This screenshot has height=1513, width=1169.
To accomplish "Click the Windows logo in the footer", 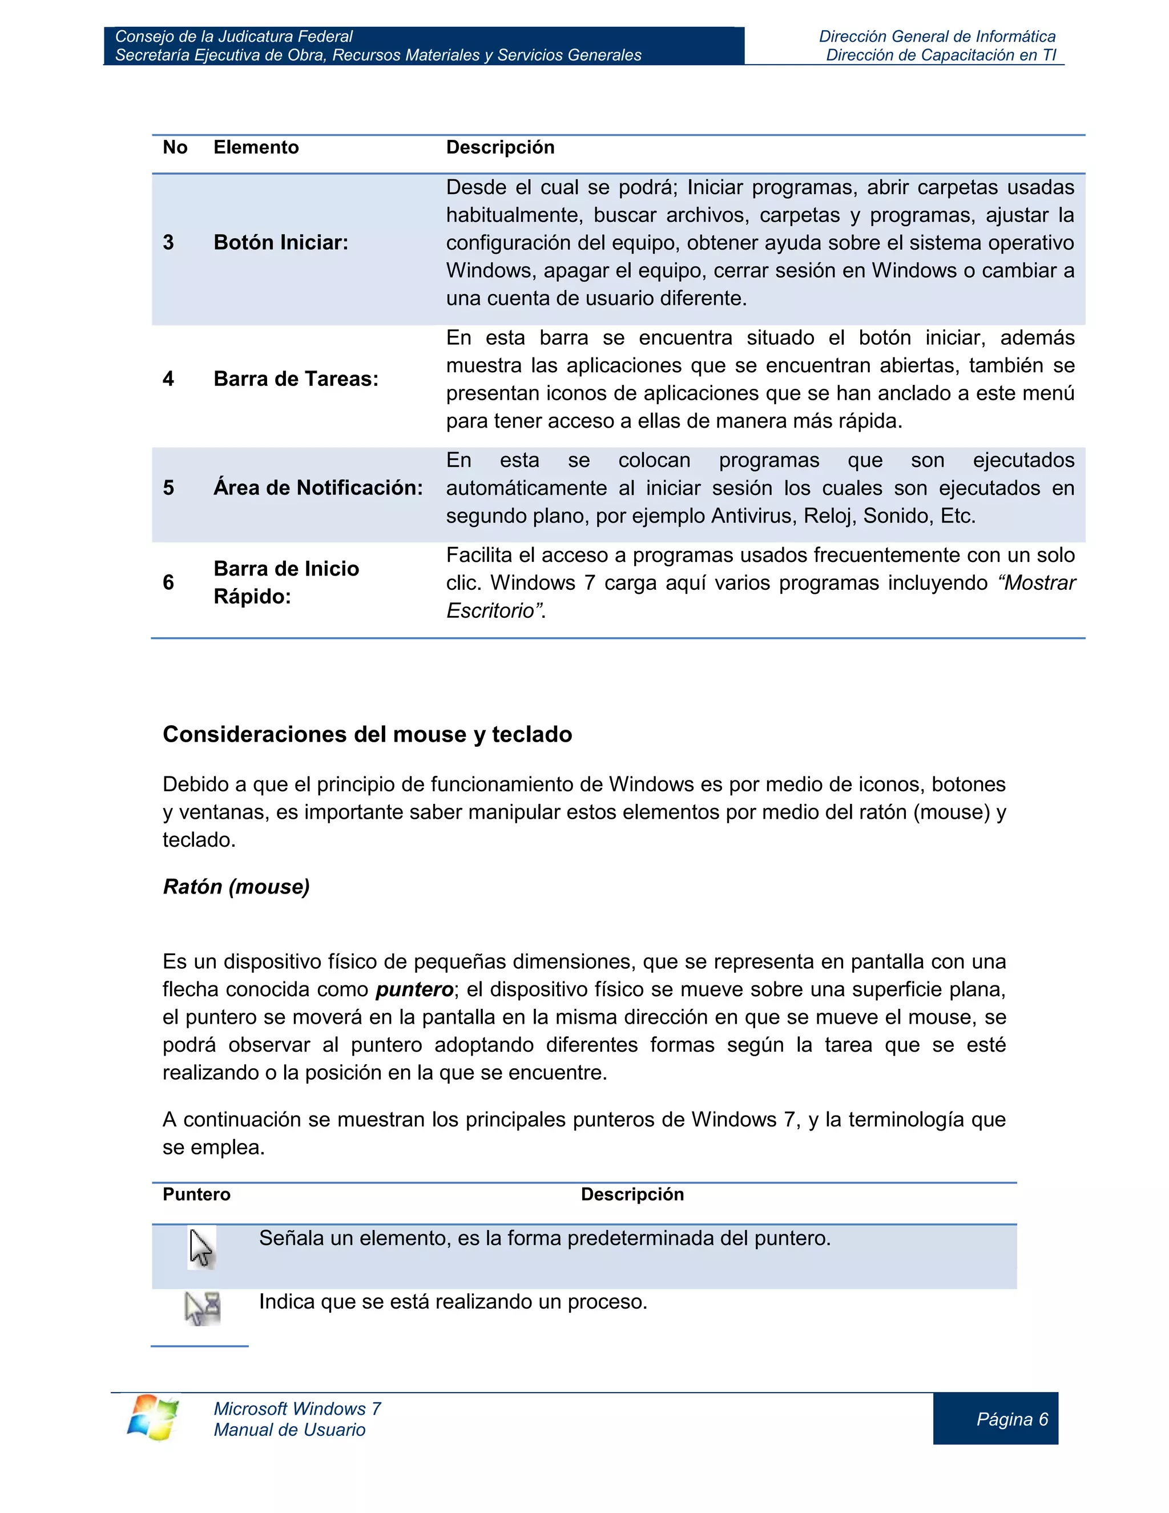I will click(152, 1418).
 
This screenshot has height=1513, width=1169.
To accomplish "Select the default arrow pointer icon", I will click(201, 1248).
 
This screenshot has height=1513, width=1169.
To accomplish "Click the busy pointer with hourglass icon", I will click(203, 1308).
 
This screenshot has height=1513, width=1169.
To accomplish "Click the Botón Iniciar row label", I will click(280, 243).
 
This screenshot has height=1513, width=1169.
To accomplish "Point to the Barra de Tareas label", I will click(296, 379).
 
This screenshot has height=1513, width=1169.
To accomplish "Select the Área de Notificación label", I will click(318, 488).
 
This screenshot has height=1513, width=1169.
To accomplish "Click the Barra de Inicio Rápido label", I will click(286, 582).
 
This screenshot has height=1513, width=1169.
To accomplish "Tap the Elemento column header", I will click(256, 147).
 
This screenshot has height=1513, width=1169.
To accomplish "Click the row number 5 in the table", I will click(168, 488).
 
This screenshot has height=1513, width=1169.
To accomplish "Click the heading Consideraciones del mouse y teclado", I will click(367, 734).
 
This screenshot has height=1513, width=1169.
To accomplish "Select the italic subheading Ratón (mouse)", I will click(236, 887).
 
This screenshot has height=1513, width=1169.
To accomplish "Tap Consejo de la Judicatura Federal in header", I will click(233, 37).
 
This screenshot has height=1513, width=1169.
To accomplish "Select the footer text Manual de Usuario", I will click(289, 1430).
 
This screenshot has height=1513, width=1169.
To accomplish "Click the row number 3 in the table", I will click(168, 243).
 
